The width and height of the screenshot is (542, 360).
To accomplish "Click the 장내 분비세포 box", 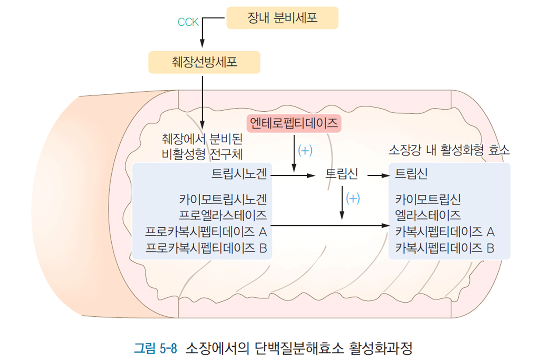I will [x=282, y=18].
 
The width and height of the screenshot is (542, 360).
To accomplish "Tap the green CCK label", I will [x=188, y=22].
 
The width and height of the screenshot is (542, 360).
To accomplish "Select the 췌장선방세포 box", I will [x=204, y=62].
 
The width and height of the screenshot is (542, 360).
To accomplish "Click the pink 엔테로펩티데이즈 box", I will [x=294, y=123].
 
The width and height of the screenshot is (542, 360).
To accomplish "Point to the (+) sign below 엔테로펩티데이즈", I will [x=305, y=150].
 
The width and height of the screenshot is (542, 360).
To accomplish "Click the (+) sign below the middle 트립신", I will [x=353, y=198].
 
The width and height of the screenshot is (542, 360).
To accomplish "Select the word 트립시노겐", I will [x=239, y=174].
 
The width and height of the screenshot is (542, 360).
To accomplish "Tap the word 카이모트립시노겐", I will [x=223, y=200].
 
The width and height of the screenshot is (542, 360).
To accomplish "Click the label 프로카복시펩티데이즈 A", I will [x=206, y=231].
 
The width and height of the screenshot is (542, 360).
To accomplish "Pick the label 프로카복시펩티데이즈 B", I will [x=206, y=248].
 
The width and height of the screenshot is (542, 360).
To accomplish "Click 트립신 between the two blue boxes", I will [x=341, y=174].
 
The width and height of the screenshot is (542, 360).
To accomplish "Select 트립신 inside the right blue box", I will [x=411, y=174].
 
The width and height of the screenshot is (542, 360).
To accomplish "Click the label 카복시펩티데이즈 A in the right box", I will [x=445, y=231].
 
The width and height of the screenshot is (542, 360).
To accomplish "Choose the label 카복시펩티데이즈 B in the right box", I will [x=445, y=248].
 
